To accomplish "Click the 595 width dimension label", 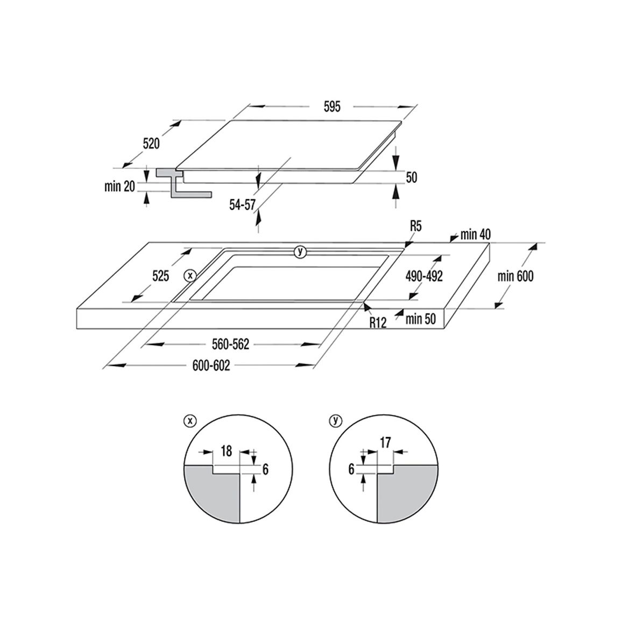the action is (x=332, y=107).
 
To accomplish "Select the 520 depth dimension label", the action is (x=151, y=143).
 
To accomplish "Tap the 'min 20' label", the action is (x=120, y=186).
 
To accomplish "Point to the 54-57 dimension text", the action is (x=242, y=204).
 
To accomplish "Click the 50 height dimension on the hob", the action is (x=412, y=178).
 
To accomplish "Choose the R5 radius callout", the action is (x=415, y=227).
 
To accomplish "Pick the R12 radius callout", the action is (x=378, y=322).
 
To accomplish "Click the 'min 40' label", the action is (x=475, y=235).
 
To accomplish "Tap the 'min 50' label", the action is (x=420, y=319).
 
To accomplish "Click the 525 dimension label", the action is (x=161, y=275).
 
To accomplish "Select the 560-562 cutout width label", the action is (x=230, y=344).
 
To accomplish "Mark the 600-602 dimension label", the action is (x=211, y=365).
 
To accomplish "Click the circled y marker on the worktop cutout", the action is (x=300, y=251).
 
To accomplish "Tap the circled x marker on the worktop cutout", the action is (x=190, y=275).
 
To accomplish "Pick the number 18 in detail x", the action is (x=226, y=451).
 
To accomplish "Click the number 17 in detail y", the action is (x=385, y=442).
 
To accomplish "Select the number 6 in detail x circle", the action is (x=265, y=469).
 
